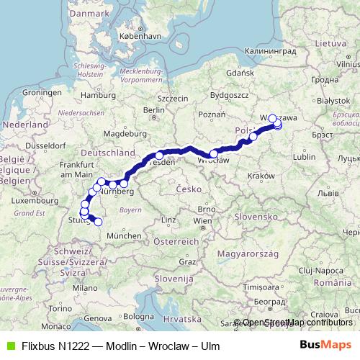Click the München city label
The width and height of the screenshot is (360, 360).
[125, 235]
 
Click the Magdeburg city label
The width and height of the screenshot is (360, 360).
[120, 133]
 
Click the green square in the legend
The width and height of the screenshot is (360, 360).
[9, 344]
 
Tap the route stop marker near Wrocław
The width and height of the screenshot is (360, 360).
[213, 153]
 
